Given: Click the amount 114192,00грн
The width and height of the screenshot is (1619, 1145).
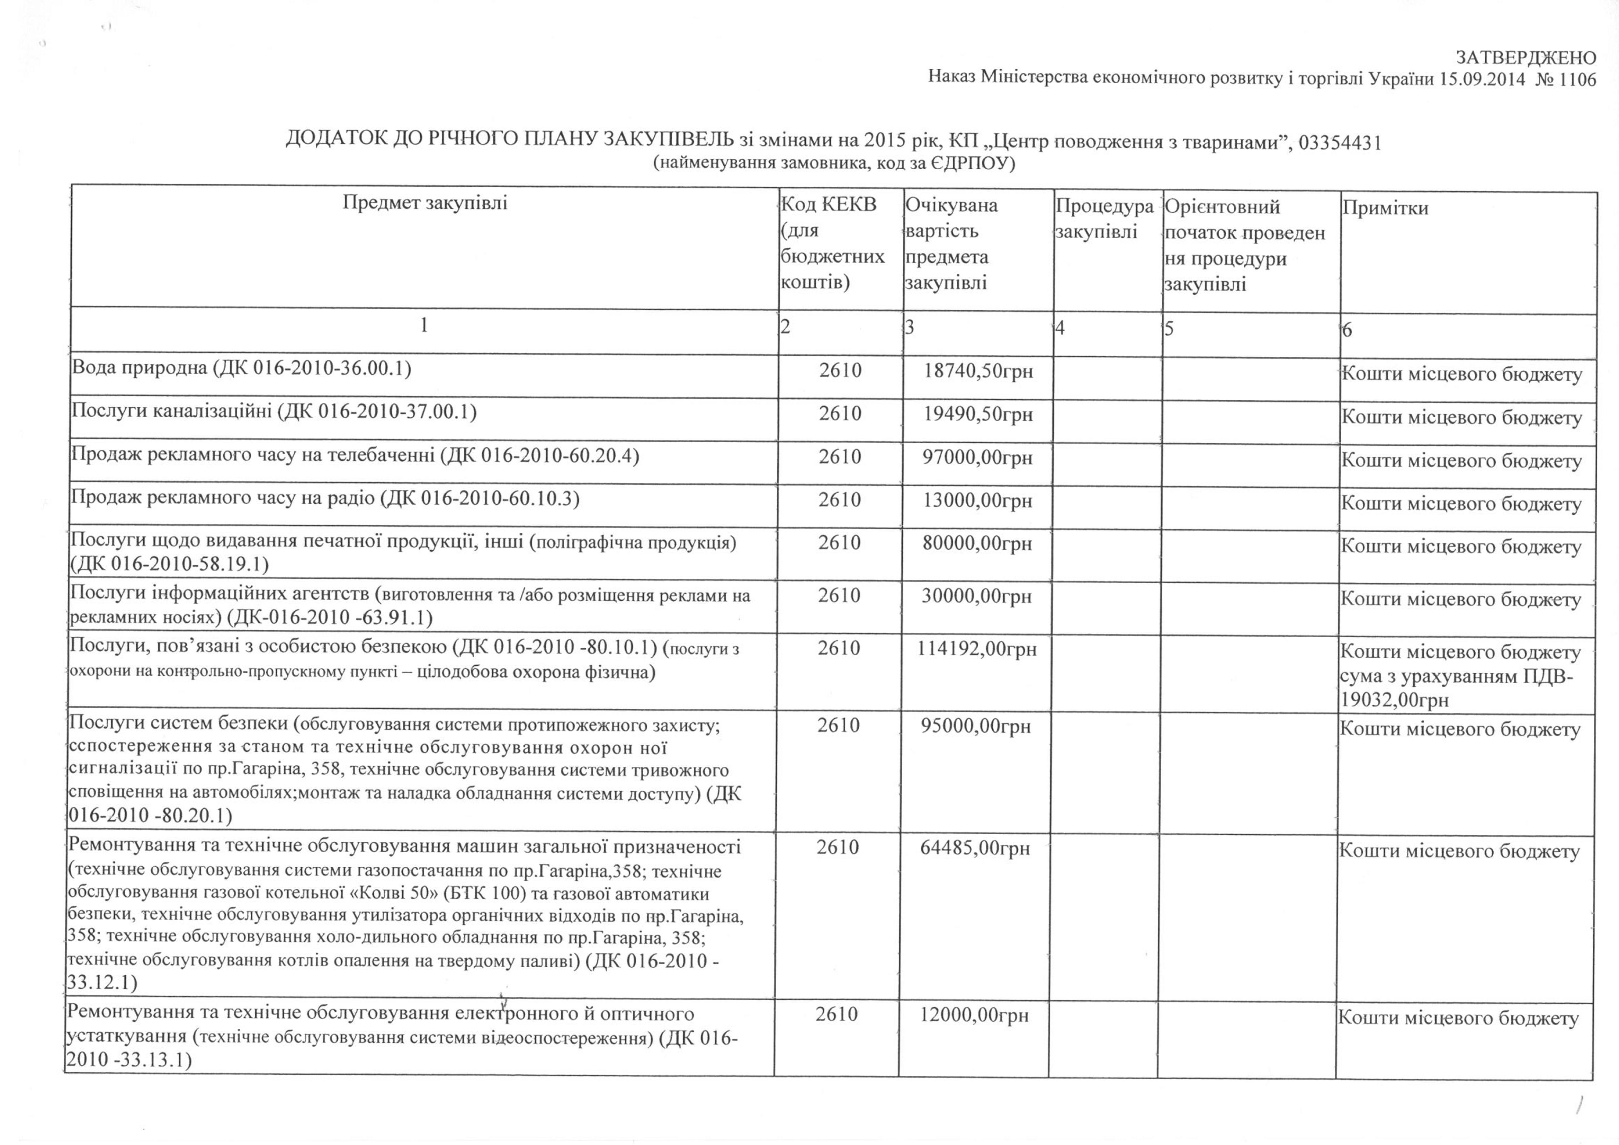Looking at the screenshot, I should [977, 648].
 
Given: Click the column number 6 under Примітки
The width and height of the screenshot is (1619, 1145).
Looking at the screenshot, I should [1347, 330].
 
